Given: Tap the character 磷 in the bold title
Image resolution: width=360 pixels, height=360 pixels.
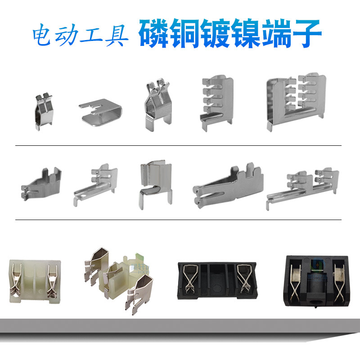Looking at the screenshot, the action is point(156,34).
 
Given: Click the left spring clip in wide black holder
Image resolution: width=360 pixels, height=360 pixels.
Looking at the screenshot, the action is point(189,276).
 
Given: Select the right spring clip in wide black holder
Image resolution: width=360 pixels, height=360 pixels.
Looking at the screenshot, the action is point(245,276).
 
